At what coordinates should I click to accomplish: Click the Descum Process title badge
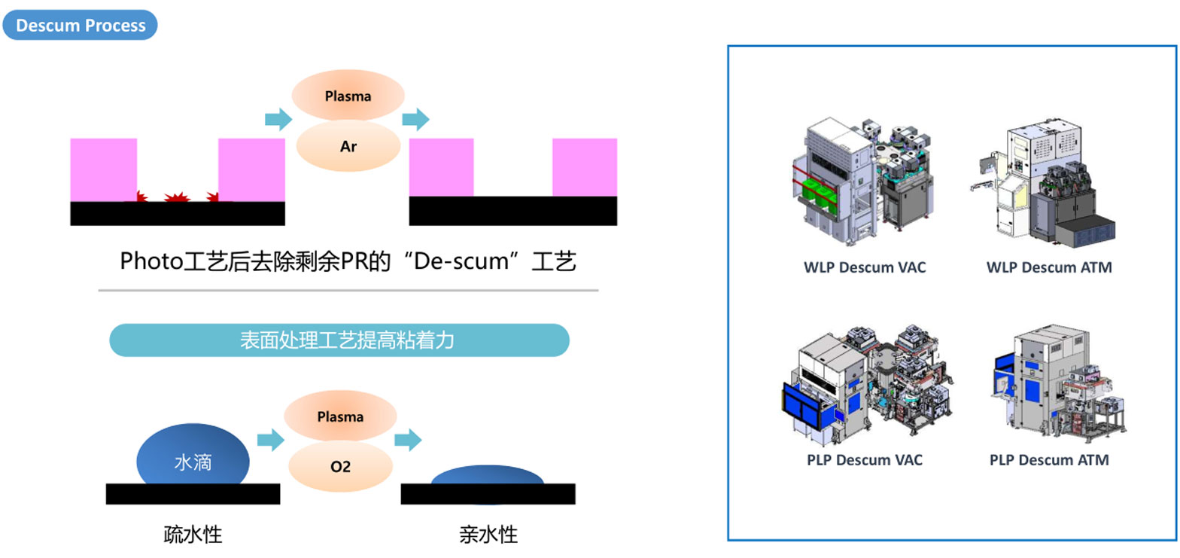click(80, 25)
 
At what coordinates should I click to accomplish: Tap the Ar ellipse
click(348, 146)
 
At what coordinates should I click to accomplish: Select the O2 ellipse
click(340, 466)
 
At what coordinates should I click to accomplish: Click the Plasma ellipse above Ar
click(348, 96)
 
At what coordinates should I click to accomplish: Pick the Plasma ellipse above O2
click(340, 416)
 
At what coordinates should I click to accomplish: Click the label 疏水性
click(193, 535)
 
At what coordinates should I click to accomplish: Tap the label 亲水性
click(488, 535)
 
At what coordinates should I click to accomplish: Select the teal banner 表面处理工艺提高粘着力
click(339, 340)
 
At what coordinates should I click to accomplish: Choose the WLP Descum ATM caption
click(1049, 267)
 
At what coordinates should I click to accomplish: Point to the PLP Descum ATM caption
click(1049, 459)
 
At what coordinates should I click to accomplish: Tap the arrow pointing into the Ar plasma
click(278, 119)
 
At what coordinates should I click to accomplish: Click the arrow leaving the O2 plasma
click(408, 440)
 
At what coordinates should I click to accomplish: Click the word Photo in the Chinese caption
click(147, 261)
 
